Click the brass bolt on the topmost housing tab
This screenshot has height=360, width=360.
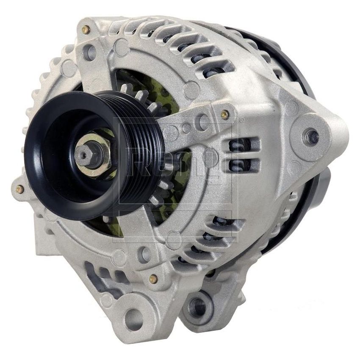(86, 30)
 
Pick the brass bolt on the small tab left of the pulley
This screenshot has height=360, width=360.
(19, 189)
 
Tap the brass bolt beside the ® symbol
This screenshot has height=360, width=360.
(224, 114)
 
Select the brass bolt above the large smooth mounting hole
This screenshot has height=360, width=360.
(154, 278)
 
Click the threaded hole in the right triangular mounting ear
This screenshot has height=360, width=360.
(312, 136)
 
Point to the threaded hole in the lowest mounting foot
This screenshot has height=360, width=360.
(197, 304)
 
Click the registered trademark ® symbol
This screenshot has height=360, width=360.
(242, 120)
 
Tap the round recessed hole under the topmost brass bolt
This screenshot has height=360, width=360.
(89, 52)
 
